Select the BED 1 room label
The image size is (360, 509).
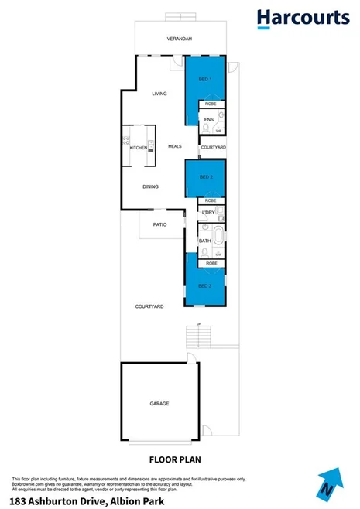tap(205, 80)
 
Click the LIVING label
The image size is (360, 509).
tap(159, 94)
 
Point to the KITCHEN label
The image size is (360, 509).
tap(139, 148)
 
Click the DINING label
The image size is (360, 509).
tap(151, 186)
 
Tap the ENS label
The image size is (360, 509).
tap(208, 120)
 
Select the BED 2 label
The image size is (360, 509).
tap(206, 177)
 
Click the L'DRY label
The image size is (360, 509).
tap(207, 213)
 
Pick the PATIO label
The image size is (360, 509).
tap(160, 224)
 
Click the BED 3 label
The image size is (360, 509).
tap(204, 287)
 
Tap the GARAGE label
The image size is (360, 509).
tap(159, 404)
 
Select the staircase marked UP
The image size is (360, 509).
tap(199, 336)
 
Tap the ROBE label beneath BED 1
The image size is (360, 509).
tap(211, 104)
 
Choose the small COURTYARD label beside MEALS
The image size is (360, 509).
tap(213, 147)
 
